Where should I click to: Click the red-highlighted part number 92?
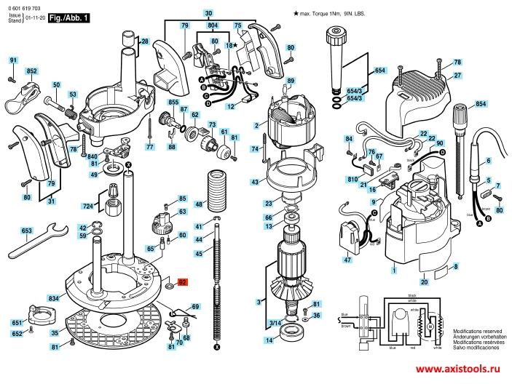point(183,281)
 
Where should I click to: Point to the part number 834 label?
point(54,299)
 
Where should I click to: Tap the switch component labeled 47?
point(352,237)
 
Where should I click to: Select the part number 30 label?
point(208,14)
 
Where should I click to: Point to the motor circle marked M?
point(429,327)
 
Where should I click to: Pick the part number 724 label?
point(86,207)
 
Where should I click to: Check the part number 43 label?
point(255,182)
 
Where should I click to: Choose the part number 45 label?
point(198,253)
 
